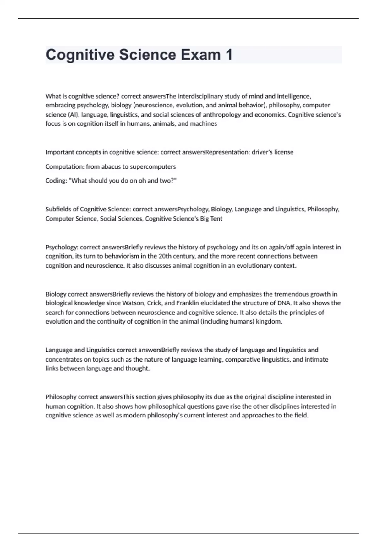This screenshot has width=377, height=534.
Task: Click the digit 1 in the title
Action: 228,55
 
